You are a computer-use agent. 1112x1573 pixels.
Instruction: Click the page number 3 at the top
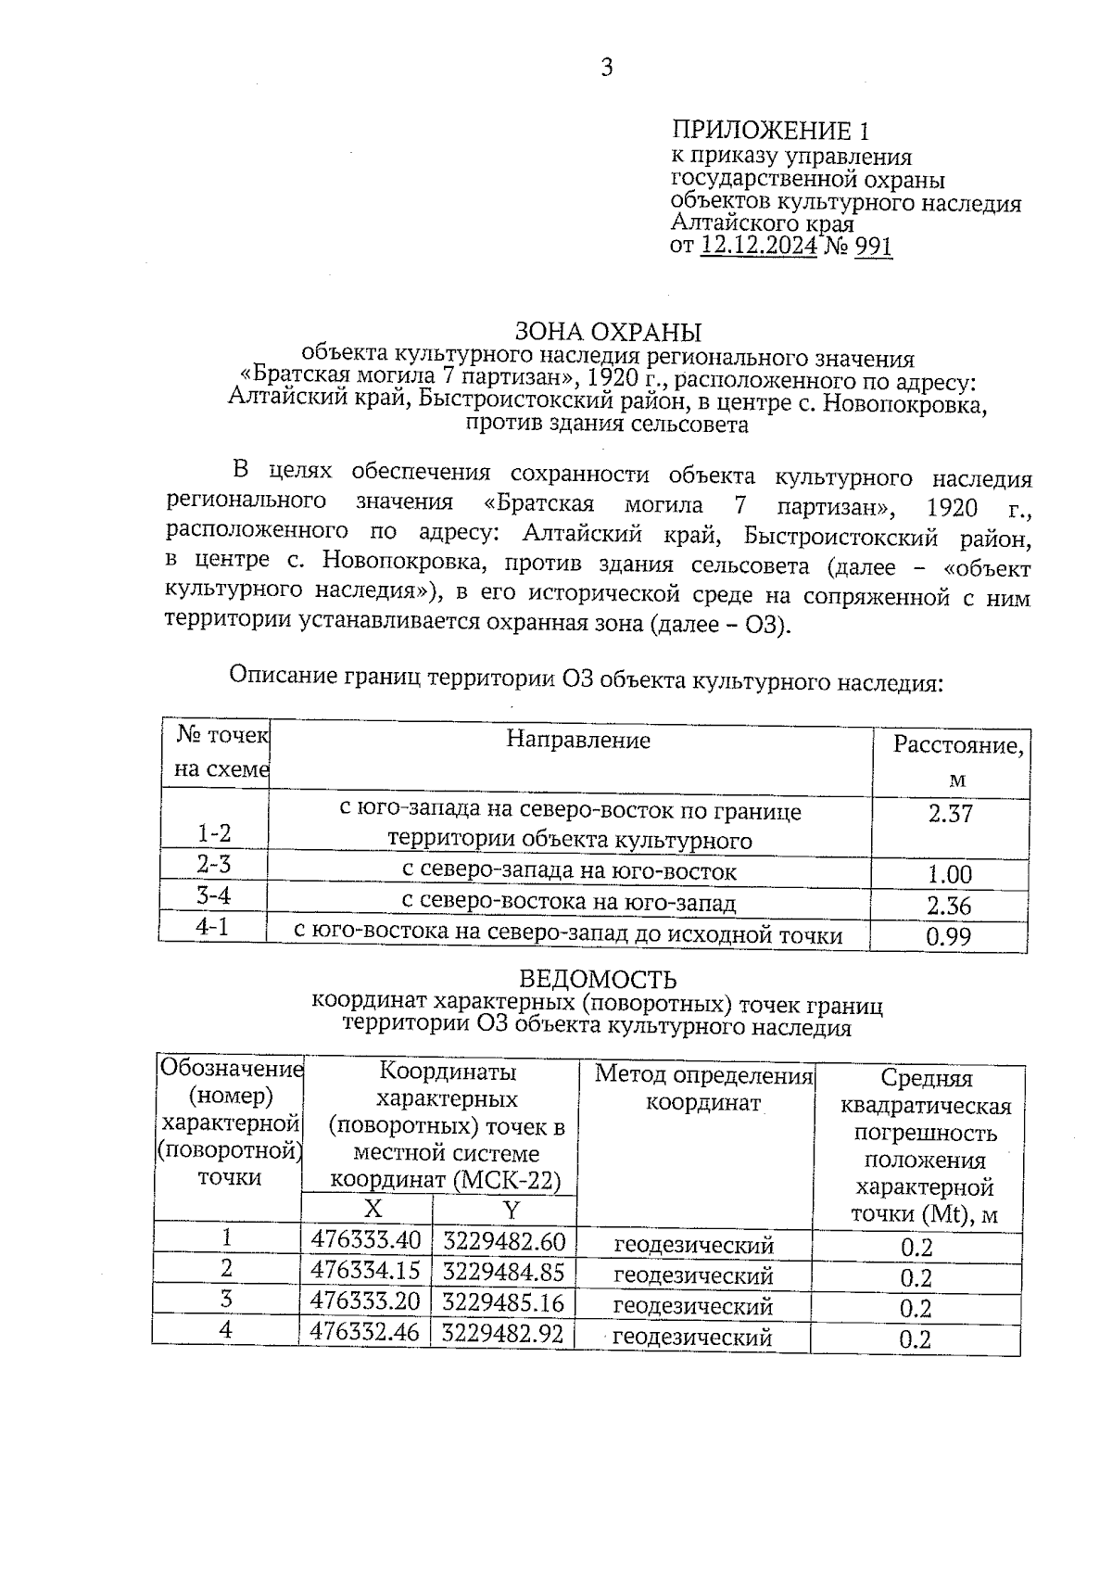607,67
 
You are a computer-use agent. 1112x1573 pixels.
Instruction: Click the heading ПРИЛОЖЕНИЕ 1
771,130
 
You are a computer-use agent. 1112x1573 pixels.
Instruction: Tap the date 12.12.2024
759,246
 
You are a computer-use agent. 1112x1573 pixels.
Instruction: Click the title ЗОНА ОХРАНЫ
608,331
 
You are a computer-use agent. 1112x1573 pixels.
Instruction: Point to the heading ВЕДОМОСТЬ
598,979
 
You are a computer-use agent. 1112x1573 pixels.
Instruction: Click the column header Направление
577,740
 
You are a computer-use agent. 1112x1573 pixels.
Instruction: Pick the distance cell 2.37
950,815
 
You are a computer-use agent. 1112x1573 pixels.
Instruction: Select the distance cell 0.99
949,936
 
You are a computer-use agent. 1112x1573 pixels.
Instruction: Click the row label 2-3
213,864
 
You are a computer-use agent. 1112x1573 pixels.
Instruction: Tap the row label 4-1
212,926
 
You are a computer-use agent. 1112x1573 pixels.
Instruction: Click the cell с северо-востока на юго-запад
568,902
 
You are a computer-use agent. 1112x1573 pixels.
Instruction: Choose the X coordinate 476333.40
366,1240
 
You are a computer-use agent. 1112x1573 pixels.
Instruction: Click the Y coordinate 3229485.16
503,1302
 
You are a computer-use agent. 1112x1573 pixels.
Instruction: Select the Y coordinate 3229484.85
503,1271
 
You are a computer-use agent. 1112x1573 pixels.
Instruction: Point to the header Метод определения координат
703,1088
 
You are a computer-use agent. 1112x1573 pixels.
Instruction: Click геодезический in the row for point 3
693,1306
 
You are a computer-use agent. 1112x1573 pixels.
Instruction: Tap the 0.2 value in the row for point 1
916,1247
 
